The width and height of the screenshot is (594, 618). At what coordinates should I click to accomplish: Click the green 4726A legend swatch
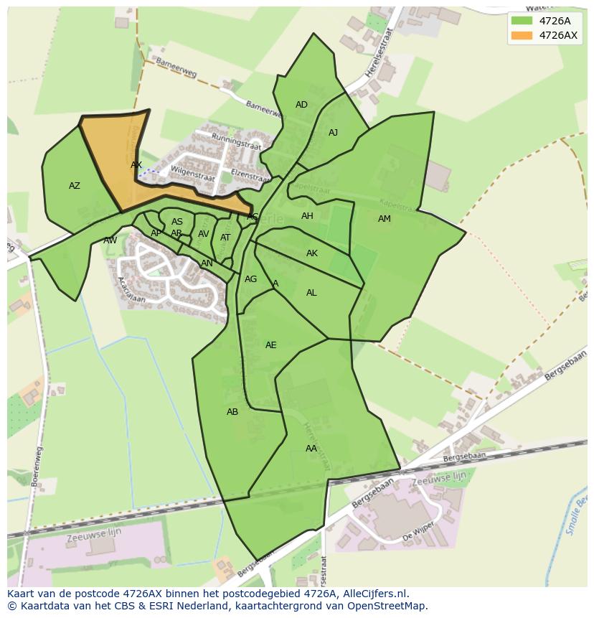click(522, 21)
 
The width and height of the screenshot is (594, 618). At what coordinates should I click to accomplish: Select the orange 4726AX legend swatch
click(522, 35)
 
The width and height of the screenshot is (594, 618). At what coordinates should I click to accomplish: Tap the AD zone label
click(301, 105)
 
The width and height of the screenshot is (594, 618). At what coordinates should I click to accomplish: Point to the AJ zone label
click(333, 133)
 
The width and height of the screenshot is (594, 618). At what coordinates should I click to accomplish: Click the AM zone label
click(385, 219)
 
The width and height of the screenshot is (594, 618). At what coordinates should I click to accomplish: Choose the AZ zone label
click(75, 186)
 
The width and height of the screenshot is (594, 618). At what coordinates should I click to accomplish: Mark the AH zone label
click(307, 216)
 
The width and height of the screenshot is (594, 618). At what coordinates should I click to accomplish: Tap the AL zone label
click(311, 293)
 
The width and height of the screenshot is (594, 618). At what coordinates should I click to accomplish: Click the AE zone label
click(270, 345)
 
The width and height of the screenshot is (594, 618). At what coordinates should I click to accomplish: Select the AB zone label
click(232, 412)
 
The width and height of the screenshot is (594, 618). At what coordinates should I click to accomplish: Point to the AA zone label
click(311, 449)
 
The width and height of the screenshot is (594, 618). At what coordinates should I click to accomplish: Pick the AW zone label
click(110, 240)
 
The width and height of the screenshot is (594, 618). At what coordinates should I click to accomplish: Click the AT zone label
click(225, 238)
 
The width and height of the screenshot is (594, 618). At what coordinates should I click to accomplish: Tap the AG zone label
click(250, 279)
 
